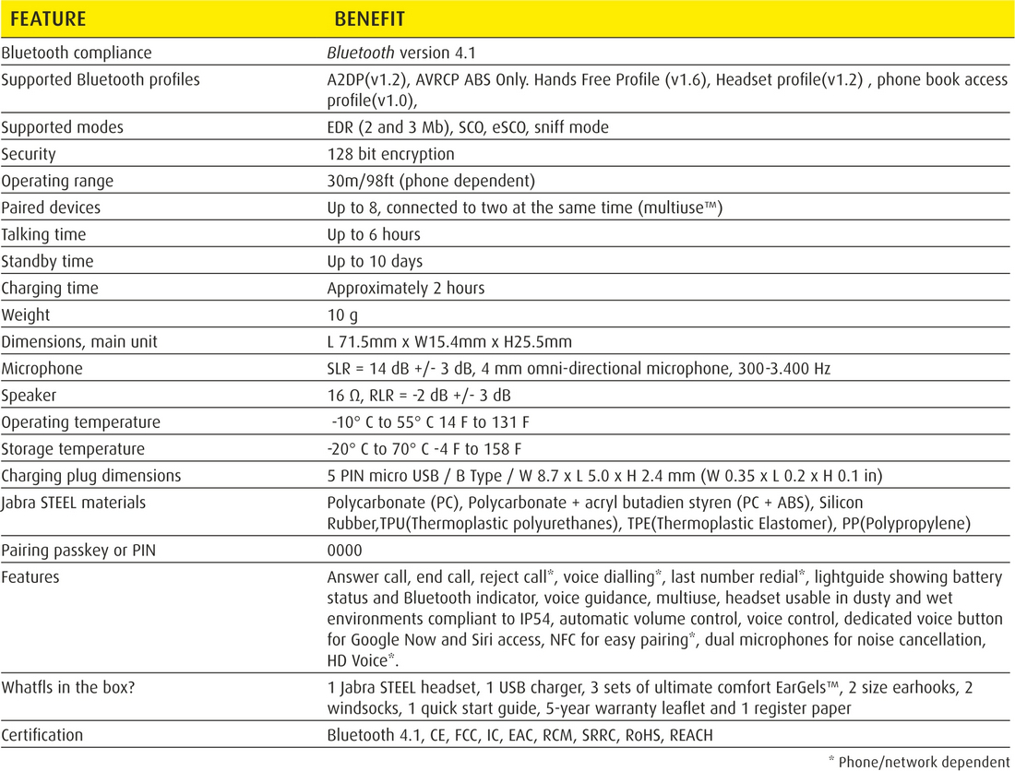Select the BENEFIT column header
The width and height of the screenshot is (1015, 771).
coord(369,18)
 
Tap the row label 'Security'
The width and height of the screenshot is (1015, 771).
coord(29,154)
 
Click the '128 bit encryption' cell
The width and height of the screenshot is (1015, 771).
coord(390,154)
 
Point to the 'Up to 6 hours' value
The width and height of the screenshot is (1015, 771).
coord(374,234)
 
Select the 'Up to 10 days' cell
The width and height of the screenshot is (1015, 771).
coord(375,261)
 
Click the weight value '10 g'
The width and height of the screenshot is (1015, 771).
coord(342,314)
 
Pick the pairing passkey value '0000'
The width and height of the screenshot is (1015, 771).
coord(344,550)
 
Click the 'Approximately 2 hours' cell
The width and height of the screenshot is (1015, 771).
coord(406,288)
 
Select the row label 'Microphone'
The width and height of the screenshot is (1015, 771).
coord(42,368)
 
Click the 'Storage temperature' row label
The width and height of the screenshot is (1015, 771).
coord(73,449)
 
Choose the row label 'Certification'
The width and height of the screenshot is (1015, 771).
coord(42,735)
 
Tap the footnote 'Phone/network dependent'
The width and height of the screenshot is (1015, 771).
coord(923,761)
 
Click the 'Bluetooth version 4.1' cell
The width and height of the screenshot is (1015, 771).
coord(401,53)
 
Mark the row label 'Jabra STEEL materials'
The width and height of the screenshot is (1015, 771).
coord(74,503)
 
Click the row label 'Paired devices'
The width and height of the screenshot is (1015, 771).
coord(51,208)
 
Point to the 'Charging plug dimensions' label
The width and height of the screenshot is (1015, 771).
coord(91,476)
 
